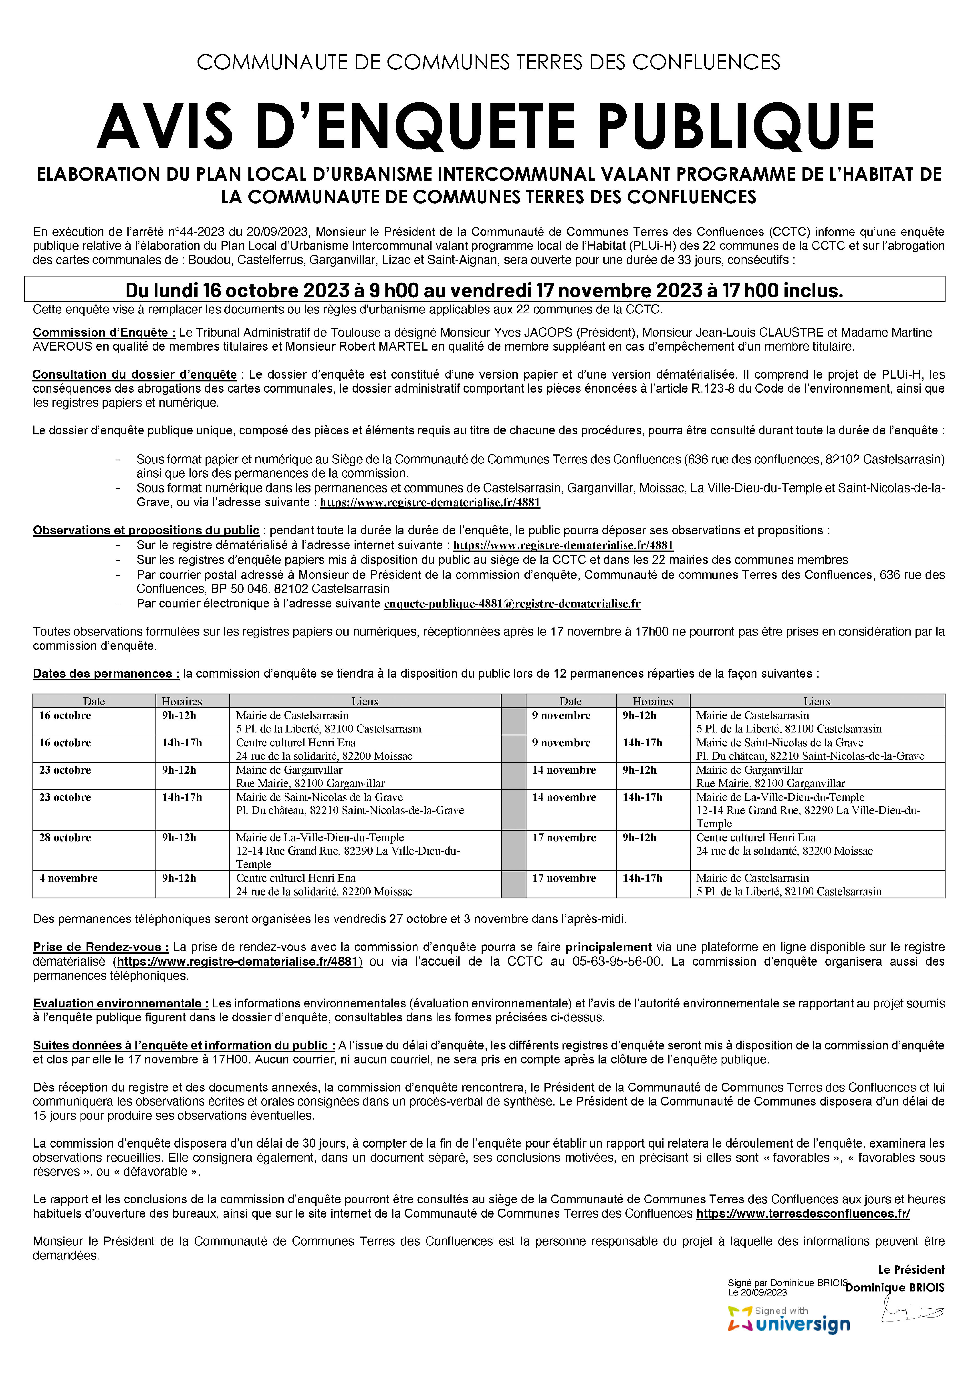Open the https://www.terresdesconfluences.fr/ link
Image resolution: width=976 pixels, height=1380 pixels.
click(803, 1214)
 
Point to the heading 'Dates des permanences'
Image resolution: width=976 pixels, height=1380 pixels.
click(106, 674)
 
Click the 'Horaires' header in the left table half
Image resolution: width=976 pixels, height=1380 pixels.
click(182, 701)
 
